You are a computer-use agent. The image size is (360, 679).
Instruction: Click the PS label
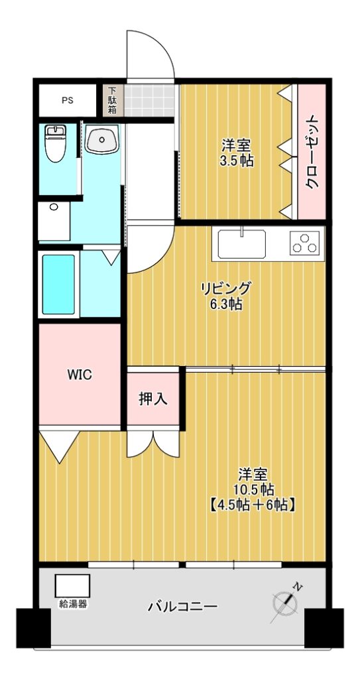pyautogui.click(x=67, y=101)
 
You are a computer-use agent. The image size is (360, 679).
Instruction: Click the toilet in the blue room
pyautogui.click(x=56, y=143)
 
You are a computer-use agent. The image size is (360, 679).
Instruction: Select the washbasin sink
pyautogui.click(x=102, y=139)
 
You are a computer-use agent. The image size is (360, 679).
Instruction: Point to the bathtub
pyautogui.click(x=58, y=284)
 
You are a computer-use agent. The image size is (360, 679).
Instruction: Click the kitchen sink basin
pyautogui.click(x=242, y=244)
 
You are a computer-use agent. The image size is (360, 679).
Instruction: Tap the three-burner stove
pyautogui.click(x=304, y=243)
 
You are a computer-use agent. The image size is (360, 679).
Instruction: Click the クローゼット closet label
pyautogui.click(x=312, y=152)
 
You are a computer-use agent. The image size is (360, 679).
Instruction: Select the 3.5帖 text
pyautogui.click(x=237, y=161)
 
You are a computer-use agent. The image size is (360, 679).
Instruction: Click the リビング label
pyautogui.click(x=225, y=288)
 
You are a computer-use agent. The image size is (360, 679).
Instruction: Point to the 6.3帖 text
pyautogui.click(x=225, y=304)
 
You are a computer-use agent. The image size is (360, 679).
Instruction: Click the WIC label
pyautogui.click(x=80, y=375)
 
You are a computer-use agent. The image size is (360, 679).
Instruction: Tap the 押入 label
pyautogui.click(x=153, y=399)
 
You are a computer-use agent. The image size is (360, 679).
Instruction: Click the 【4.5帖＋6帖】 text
pyautogui.click(x=253, y=505)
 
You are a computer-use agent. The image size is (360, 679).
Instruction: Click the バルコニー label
pyautogui.click(x=182, y=607)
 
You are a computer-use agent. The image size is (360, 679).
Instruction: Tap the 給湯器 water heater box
pyautogui.click(x=72, y=586)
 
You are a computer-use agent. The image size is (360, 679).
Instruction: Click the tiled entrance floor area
pyautogui.click(x=150, y=101)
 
